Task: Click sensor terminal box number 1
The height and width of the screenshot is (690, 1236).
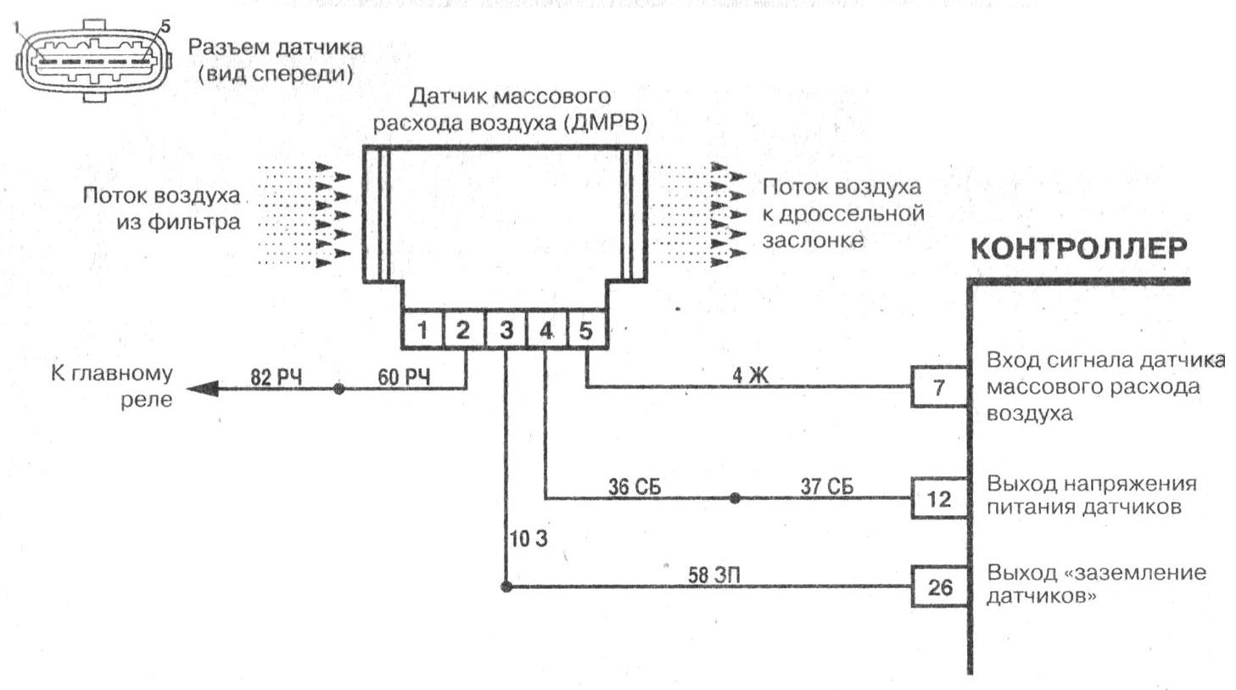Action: [422, 330]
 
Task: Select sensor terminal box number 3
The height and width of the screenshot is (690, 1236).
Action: [506, 330]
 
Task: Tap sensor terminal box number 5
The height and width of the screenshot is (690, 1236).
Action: [587, 330]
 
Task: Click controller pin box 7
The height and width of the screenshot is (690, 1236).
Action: [939, 387]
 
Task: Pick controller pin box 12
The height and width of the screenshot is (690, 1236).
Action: [939, 498]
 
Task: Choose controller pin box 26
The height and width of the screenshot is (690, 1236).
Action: [939, 586]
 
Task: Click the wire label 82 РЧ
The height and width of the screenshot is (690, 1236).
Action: [277, 378]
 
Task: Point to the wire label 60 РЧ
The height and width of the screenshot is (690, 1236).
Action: [404, 377]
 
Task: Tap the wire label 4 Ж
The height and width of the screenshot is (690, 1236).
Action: [750, 375]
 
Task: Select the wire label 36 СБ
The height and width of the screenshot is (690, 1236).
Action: [635, 487]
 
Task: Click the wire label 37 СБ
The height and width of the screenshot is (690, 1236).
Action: [826, 486]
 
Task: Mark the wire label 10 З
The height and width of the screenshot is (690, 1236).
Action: [529, 539]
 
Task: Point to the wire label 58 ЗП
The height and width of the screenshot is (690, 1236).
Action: [714, 575]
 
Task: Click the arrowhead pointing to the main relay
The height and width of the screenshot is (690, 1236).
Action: [202, 389]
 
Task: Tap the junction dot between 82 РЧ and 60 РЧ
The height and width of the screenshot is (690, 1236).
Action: [339, 389]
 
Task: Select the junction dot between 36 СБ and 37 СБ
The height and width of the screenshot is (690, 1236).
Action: [735, 498]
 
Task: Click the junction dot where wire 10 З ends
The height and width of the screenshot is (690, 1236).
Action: [506, 586]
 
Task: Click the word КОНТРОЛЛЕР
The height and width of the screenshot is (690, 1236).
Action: [1079, 249]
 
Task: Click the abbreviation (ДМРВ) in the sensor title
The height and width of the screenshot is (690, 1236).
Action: [606, 122]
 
